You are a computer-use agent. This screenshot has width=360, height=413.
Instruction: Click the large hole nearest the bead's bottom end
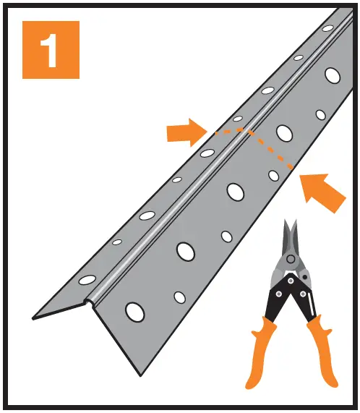(x=134, y=311)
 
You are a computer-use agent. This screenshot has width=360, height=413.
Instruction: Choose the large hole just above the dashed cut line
(x=283, y=132)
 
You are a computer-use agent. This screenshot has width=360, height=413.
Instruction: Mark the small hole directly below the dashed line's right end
(x=274, y=175)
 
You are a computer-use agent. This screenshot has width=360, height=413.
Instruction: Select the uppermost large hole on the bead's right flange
(x=333, y=74)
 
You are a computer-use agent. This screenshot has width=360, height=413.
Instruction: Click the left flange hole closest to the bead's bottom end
(x=87, y=279)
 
